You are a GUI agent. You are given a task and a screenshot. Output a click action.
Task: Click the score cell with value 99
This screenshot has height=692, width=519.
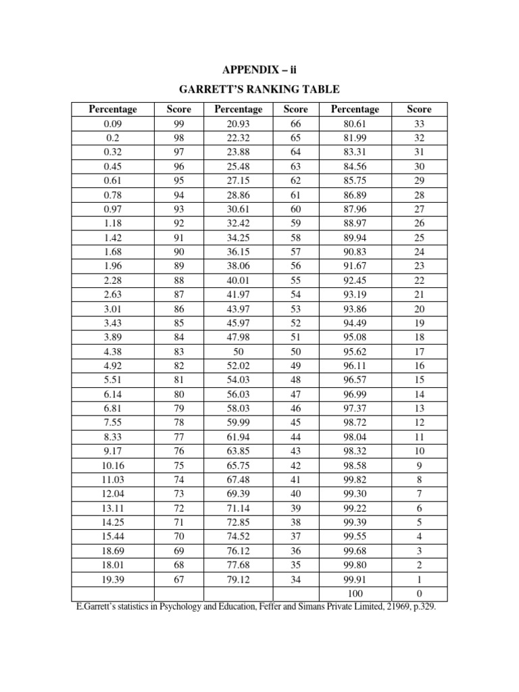pos(179,124)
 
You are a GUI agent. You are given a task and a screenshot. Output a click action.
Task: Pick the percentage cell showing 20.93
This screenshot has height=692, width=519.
pos(238,124)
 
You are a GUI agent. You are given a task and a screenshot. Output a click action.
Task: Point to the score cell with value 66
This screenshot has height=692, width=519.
pos(296,124)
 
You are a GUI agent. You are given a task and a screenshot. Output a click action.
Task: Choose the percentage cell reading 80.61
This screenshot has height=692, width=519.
pos(355,124)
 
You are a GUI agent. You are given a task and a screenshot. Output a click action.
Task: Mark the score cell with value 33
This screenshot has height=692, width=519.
pos(419,124)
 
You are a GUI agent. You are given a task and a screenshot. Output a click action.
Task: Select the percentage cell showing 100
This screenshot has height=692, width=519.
pos(355,593)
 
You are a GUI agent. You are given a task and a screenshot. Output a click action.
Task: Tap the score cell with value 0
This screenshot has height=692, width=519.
pos(419,593)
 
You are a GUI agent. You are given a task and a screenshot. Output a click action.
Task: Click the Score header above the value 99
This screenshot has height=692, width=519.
pos(179,109)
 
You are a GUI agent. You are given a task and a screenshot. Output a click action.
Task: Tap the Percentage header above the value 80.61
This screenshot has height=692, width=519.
pos(355,109)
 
